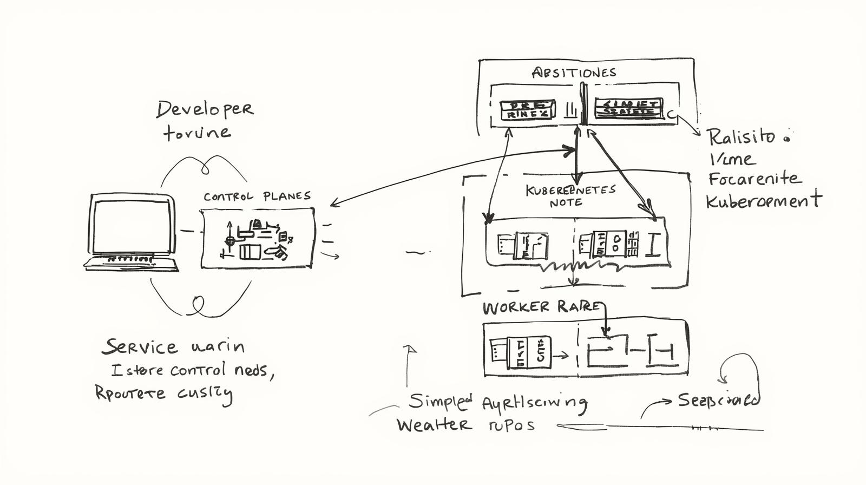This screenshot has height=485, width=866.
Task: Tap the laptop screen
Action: (133, 226)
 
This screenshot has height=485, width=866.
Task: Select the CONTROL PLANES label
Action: (257, 196)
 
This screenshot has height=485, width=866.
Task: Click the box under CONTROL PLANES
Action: (257, 239)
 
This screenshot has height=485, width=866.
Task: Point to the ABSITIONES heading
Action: (574, 73)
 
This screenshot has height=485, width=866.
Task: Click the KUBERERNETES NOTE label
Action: (570, 195)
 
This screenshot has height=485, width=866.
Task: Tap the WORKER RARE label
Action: (541, 307)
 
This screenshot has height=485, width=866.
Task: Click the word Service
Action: (140, 346)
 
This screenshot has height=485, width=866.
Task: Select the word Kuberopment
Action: (763, 201)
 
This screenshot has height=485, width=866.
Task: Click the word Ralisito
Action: (742, 136)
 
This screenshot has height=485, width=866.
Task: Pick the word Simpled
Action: (441, 401)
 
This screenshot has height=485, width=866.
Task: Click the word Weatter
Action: (434, 424)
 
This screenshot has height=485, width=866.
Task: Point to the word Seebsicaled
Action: (718, 400)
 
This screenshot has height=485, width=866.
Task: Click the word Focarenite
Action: (753, 179)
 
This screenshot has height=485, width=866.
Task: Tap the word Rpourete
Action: (130, 392)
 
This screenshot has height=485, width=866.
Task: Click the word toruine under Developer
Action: (197, 132)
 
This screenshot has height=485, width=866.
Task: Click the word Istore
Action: (137, 371)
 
